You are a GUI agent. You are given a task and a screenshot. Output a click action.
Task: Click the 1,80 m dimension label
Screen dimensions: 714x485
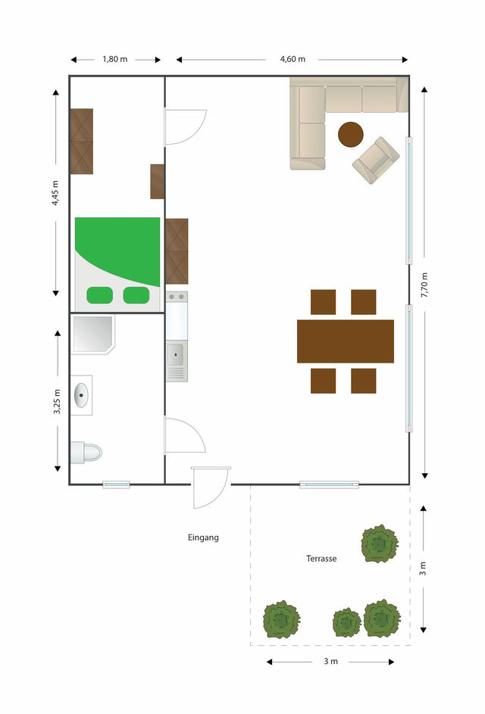pos(115,59)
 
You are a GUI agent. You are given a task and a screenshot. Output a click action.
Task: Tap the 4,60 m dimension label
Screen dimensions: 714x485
pos(293,59)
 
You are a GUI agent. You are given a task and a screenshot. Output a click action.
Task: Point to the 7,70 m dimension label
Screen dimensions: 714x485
pos(424,285)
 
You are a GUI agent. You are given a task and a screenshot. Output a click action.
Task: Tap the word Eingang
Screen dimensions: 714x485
pos(203,538)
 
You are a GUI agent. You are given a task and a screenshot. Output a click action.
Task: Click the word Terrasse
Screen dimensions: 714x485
pos(321,559)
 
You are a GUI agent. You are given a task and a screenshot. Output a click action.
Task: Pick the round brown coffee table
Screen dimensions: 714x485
pos(351,135)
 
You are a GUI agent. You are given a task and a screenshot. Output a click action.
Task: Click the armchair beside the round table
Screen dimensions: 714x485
pos(375,160)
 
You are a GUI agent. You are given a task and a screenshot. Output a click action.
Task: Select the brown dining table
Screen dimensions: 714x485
pos(346,341)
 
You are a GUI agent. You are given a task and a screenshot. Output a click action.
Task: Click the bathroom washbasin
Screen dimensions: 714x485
pos(81,394)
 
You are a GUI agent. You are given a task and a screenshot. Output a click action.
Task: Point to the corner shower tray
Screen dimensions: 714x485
pos(91,334)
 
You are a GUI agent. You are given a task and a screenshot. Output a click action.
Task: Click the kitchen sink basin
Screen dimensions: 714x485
pos(177,353)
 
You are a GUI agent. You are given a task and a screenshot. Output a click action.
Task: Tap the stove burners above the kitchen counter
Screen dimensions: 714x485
pos(177,298)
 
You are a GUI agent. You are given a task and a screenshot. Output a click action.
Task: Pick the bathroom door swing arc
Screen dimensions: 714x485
pos(183,435)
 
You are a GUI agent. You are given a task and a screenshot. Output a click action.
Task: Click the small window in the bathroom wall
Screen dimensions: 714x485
pos(117,484)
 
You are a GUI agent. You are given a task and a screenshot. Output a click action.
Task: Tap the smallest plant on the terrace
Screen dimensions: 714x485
pos(346,622)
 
